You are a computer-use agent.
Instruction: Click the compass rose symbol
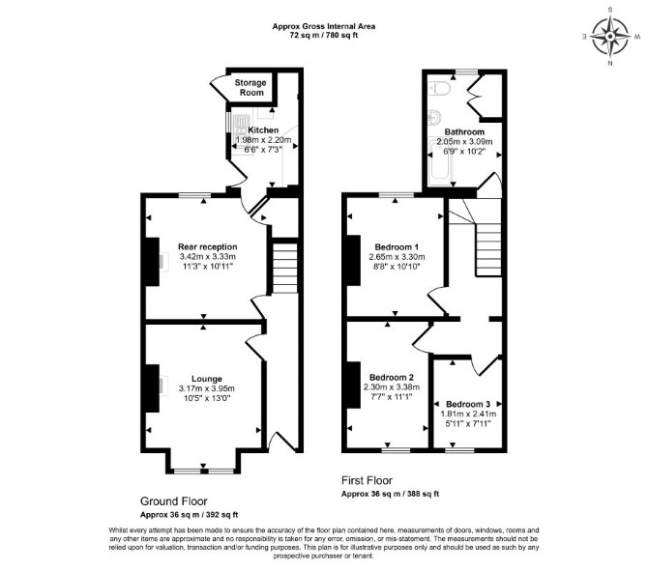pos(610,37)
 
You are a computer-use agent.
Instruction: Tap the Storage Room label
pos(250,88)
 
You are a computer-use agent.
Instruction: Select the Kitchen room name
pos(263,130)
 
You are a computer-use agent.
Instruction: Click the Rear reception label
pos(208,247)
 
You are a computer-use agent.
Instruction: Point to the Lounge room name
pos(207,379)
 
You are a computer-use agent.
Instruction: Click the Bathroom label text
pos(464,132)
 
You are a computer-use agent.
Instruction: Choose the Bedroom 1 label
pos(397,247)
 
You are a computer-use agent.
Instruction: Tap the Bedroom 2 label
pos(392,378)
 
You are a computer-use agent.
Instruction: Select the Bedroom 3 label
pos(468,404)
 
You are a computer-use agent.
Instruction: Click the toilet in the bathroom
pos(437,88)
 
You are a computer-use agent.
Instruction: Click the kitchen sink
pos(240,128)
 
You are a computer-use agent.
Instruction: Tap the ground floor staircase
pos(284,268)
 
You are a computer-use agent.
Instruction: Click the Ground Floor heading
pos(173,501)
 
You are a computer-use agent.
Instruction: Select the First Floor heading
pos(367,480)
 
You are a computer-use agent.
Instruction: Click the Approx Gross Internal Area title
pos(324,26)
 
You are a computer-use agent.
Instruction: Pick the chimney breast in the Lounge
pos(151,388)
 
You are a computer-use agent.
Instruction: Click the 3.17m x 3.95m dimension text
pos(207,388)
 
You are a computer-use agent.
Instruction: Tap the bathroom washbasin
pos(434,117)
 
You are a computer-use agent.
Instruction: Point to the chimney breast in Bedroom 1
pos(353,260)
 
